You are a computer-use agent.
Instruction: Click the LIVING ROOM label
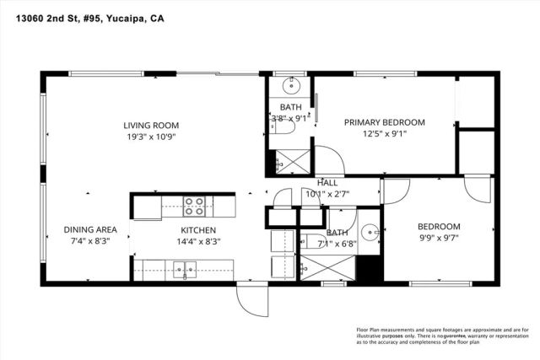[152, 124]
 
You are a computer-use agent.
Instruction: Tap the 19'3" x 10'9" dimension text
[152, 137]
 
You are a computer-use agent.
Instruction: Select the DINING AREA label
[90, 229]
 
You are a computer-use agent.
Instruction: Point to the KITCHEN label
[198, 230]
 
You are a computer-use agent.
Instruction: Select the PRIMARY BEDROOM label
[384, 122]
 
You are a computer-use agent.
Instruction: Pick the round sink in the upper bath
[293, 84]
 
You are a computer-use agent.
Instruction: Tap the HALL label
[327, 182]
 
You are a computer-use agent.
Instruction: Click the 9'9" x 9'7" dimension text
[440, 239]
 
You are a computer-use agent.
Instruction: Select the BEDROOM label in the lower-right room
[440, 227]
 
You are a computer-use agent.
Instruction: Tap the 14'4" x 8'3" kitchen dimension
[198, 243]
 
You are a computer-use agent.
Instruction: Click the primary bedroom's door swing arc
[328, 160]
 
